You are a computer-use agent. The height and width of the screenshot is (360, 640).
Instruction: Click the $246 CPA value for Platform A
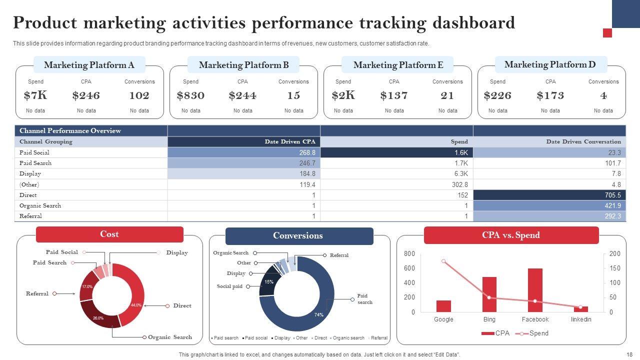coord(86,95)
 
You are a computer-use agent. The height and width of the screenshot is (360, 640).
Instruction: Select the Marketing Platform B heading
coord(243,65)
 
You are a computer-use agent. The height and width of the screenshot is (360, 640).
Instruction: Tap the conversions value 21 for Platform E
coord(447,95)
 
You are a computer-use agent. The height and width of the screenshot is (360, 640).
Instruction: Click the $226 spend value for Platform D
coord(497,95)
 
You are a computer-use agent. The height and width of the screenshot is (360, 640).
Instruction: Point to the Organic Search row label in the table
coord(40,205)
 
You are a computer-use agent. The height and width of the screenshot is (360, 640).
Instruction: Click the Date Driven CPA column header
coord(290,141)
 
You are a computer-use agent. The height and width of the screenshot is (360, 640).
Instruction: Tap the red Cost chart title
coord(109,234)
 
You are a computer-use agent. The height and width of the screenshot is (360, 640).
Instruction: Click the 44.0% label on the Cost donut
coord(136,305)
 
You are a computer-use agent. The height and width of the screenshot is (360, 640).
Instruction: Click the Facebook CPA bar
coord(535,290)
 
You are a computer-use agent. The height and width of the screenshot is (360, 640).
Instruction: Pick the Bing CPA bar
coord(489,294)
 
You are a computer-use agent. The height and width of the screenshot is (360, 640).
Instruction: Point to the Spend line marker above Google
coord(443,261)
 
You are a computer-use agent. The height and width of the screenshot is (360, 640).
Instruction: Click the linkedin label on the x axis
coord(580,319)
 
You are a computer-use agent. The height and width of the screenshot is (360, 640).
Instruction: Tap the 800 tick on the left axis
coord(409,254)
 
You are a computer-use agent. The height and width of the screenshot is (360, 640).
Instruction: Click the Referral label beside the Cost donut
coord(37,293)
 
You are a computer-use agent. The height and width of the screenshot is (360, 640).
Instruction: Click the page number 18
coord(629,354)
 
